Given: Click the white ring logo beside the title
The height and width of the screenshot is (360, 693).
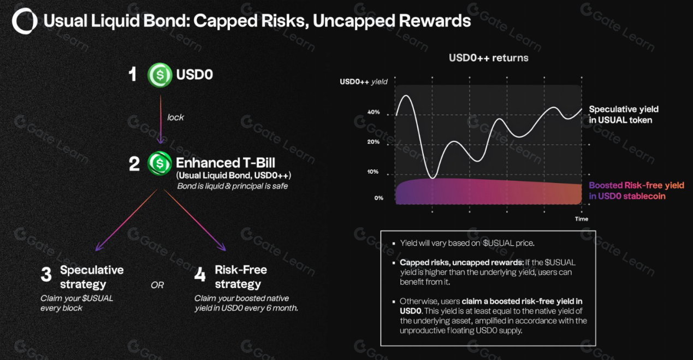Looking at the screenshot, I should pyautogui.click(x=25, y=21).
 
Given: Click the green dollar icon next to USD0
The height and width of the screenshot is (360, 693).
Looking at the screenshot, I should pyautogui.click(x=160, y=75).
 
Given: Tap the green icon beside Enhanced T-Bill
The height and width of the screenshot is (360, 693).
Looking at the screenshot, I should pyautogui.click(x=160, y=163).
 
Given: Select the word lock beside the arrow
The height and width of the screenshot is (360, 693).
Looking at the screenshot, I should pyautogui.click(x=175, y=117).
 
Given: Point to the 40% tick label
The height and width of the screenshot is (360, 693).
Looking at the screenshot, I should pyautogui.click(x=374, y=113).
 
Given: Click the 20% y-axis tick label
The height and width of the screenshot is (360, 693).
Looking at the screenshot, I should pyautogui.click(x=374, y=142).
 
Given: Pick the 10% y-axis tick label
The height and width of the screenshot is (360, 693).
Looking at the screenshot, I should pyautogui.click(x=374, y=172).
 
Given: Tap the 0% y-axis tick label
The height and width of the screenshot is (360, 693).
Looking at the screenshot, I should pyautogui.click(x=378, y=198).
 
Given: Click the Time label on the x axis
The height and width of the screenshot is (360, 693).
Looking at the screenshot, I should pyautogui.click(x=582, y=219).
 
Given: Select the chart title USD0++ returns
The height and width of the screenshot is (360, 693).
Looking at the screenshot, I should pyautogui.click(x=488, y=57).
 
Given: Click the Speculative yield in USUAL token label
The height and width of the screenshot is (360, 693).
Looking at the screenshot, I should pyautogui.click(x=624, y=115).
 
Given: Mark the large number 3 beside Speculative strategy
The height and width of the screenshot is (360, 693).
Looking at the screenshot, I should pyautogui.click(x=46, y=275).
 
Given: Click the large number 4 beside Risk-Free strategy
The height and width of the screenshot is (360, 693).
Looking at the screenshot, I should pyautogui.click(x=200, y=275).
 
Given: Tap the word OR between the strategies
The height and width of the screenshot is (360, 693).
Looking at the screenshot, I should pyautogui.click(x=157, y=285).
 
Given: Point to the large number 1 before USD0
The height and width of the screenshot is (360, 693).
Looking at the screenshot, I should pyautogui.click(x=132, y=75).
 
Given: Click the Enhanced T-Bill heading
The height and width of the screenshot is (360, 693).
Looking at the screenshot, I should pyautogui.click(x=225, y=163).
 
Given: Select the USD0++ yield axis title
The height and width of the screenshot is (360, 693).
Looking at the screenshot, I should pyautogui.click(x=364, y=82).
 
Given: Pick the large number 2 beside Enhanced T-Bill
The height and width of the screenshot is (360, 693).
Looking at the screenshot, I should pyautogui.click(x=134, y=163).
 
